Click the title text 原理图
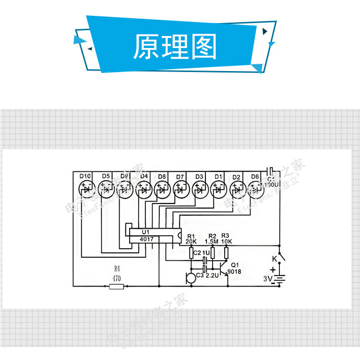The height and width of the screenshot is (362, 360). [x=175, y=47]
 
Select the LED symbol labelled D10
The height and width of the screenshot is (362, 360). [x=86, y=190]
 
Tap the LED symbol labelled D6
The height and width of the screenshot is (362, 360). [x=256, y=190]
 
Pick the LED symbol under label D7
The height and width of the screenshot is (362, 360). [x=180, y=190]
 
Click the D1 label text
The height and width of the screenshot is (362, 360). [x=218, y=177]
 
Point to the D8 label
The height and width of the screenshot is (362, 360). [x=162, y=177]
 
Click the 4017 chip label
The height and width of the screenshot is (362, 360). [x=147, y=239]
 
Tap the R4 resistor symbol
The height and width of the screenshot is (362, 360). [x=116, y=287]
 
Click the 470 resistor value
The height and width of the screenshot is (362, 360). [x=116, y=278]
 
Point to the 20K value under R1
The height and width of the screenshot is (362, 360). [x=191, y=241]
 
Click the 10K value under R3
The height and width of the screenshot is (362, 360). [x=227, y=241]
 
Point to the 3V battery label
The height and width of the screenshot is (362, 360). [x=267, y=279]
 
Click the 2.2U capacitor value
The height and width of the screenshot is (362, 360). [x=212, y=276]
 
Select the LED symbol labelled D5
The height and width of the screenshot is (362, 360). [x=106, y=190]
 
